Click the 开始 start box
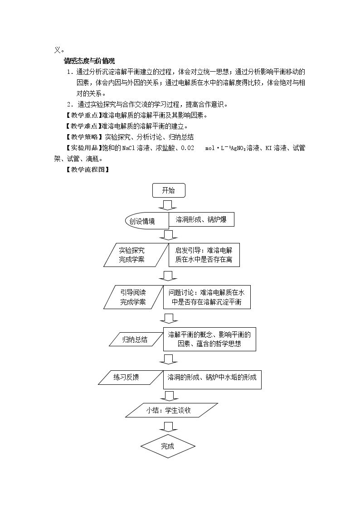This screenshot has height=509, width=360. point(169,190)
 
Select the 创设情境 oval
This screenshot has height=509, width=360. point(147,221)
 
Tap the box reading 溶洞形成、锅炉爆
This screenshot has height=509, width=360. point(201,220)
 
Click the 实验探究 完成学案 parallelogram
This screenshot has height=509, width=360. point(136,255)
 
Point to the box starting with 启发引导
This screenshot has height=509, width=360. point(204,255)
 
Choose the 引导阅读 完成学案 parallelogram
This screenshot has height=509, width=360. point(133,297)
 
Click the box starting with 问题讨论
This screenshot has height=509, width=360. point(207,297)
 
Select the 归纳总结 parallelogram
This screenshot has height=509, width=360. point(136,339)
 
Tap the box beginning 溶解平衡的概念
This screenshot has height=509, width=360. point(209,339)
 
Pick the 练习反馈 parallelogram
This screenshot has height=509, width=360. point(131,378)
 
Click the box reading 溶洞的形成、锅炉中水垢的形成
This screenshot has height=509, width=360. point(212,380)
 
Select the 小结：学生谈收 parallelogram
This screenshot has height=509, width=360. point(172,410)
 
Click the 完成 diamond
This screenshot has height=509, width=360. point(168,446)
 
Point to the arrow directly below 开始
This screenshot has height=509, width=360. point(167,205)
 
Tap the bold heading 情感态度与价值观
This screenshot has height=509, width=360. point(89,61)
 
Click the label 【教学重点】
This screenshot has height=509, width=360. point(84,115)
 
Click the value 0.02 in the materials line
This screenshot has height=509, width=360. point(187,148)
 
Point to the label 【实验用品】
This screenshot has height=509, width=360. point(84,148)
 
